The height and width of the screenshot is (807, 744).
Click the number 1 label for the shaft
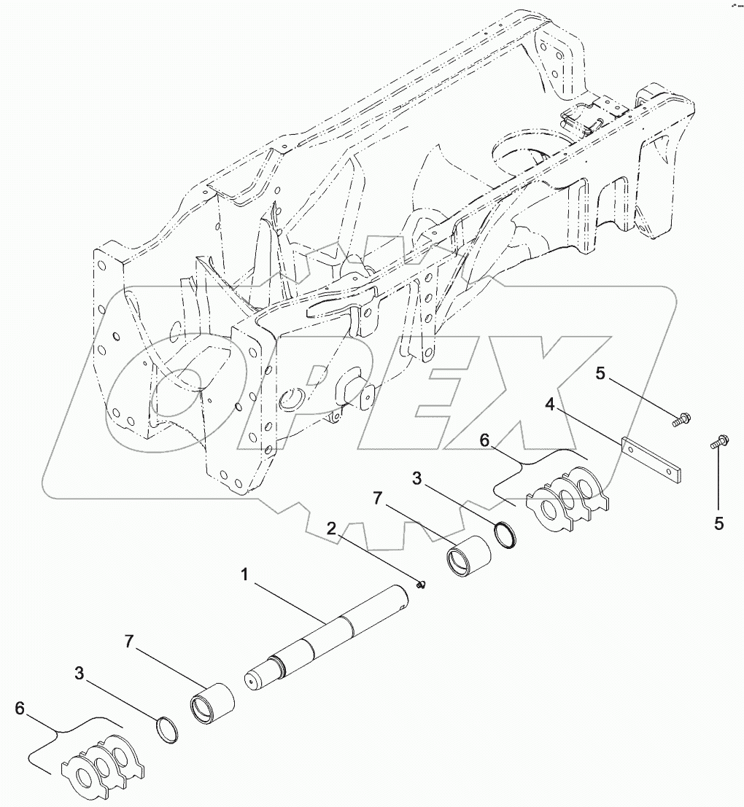[245, 575]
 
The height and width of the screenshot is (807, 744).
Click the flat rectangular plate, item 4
[653, 460]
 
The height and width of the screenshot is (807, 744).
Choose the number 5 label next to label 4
[600, 374]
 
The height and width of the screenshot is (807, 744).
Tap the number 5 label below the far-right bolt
[718, 523]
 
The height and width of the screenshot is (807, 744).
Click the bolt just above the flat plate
[684, 419]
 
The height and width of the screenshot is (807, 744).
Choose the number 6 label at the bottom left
[20, 709]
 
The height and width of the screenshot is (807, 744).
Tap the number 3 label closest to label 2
[417, 479]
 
